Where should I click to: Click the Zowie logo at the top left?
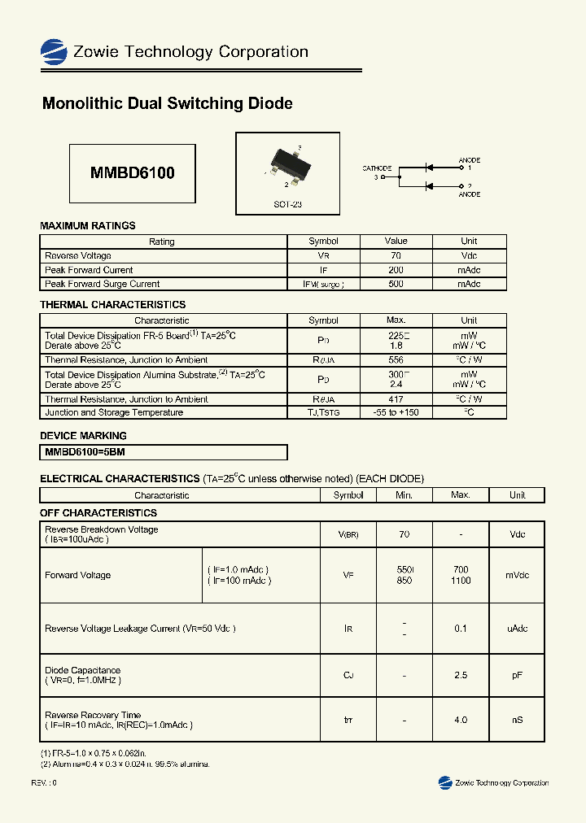(54, 52)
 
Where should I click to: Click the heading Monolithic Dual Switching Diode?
(167, 103)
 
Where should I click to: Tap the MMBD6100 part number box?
(132, 173)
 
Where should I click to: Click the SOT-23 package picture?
(287, 163)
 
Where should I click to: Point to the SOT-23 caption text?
(287, 204)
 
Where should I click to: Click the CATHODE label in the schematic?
(377, 168)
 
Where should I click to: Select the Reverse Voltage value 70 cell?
(396, 255)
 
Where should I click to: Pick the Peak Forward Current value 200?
(396, 270)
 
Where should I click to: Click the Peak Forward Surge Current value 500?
(396, 284)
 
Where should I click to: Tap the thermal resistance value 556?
(396, 359)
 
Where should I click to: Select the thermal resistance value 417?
(396, 399)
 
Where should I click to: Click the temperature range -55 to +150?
(396, 412)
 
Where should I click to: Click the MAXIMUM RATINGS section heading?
(88, 225)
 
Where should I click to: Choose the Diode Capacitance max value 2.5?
(461, 675)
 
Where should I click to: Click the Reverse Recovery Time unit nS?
(517, 720)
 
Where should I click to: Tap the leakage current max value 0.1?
(461, 628)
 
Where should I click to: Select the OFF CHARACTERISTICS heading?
(98, 513)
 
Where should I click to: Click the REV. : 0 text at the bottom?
(44, 782)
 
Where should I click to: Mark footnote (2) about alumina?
(125, 764)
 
